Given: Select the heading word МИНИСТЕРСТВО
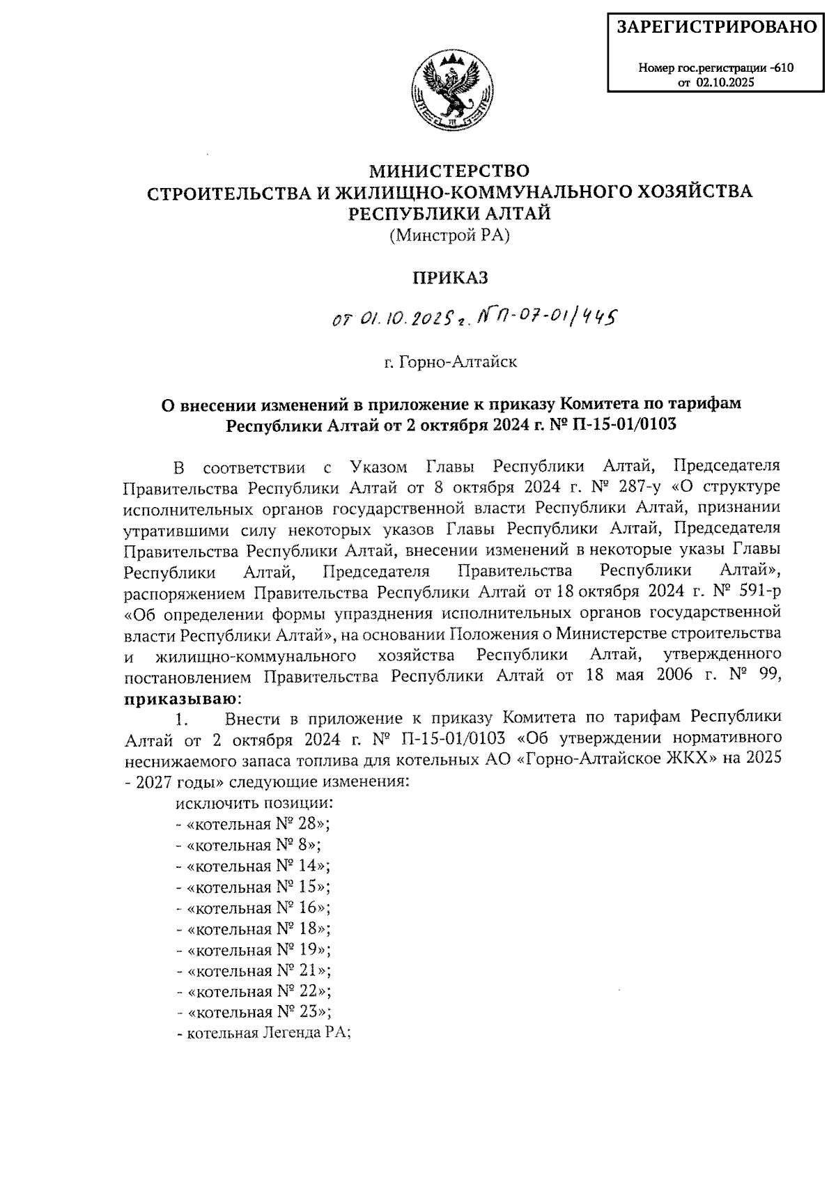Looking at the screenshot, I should pos(449,171).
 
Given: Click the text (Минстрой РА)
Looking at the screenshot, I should pos(449,235).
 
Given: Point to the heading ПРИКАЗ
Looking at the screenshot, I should pos(449,278).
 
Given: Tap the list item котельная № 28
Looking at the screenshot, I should pos(254,824).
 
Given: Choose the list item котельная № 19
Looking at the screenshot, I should pos(254,949).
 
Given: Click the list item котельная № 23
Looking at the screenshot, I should pos(254,1012).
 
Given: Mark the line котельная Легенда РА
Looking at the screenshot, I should pos(265,1033).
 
